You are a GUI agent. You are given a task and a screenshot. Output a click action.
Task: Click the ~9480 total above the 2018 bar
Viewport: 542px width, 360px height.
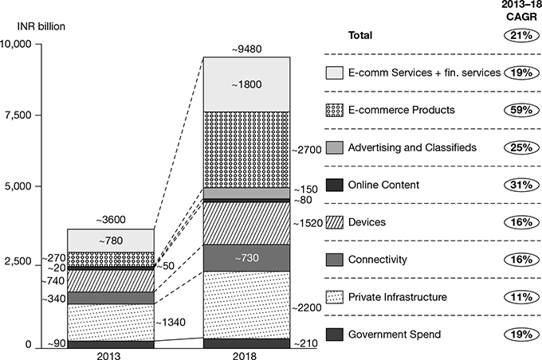tap(248, 49)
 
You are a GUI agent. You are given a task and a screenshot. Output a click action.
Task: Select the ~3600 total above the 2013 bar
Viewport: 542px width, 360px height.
tap(111, 221)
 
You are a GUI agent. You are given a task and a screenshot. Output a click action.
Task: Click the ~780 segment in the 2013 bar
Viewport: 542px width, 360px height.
tap(111, 241)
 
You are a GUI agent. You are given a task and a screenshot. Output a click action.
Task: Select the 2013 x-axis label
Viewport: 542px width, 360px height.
tap(111, 356)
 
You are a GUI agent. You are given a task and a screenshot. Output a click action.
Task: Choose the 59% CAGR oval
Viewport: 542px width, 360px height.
tap(517, 110)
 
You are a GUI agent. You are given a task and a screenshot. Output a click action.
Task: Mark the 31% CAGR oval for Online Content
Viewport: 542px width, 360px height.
tap(517, 185)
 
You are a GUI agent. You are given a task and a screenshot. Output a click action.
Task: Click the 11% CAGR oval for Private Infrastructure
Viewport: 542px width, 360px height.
tap(517, 297)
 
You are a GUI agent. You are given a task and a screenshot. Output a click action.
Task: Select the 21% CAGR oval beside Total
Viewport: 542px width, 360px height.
tap(517, 35)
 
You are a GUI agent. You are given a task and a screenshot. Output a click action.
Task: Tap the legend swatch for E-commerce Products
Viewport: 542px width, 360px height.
tap(335, 110)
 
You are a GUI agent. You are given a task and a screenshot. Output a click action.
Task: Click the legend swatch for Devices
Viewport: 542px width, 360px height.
tap(335, 222)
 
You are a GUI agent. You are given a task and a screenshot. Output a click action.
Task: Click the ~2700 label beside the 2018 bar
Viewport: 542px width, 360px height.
tap(308, 149)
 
